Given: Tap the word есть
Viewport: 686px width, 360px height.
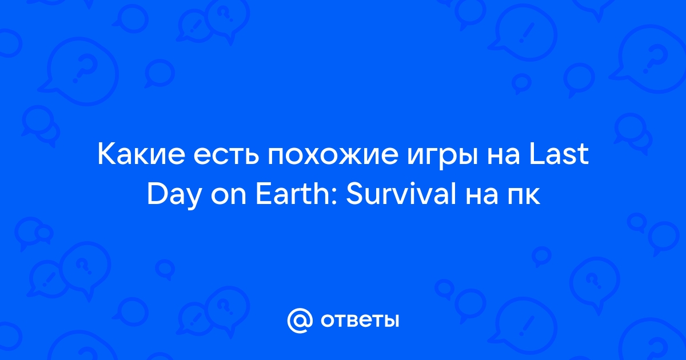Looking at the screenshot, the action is point(226,155).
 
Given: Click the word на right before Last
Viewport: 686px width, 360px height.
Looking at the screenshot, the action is point(503,155).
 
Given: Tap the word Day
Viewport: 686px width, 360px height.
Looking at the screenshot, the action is point(174,196).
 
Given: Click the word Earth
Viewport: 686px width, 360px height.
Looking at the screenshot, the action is point(293,194).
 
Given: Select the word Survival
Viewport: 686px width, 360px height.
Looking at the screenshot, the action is point(401,194).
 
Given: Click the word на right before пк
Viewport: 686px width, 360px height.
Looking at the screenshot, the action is point(482,197).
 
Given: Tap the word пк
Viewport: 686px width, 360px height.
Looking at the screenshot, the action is point(524,197).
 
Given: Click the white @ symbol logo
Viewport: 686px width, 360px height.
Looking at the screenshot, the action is point(300,321).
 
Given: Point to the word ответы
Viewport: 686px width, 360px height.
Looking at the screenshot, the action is point(360,321).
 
